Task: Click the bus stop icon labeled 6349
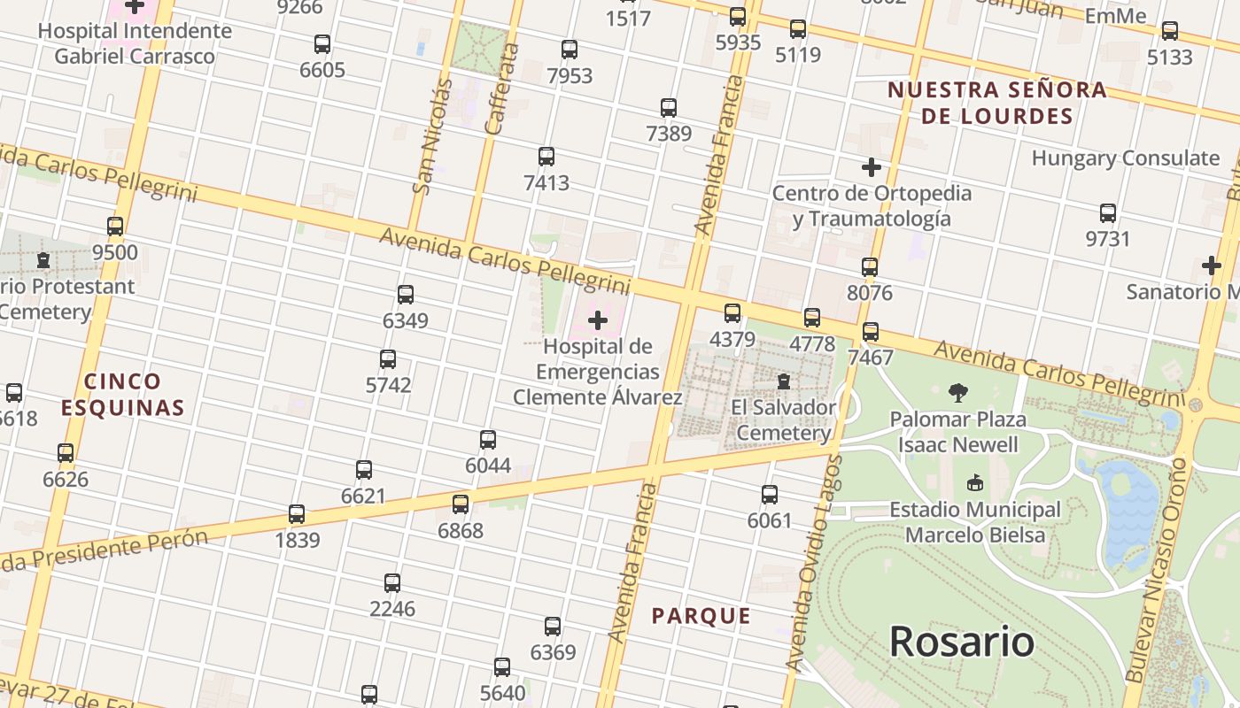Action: pyautogui.click(x=406, y=295)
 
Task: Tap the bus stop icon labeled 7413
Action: pyautogui.click(x=546, y=157)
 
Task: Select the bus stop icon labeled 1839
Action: pyautogui.click(x=297, y=514)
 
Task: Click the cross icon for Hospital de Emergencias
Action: pyautogui.click(x=598, y=319)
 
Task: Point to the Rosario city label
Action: pyautogui.click(x=961, y=641)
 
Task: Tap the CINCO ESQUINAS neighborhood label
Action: pyautogui.click(x=123, y=395)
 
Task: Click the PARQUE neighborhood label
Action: pyautogui.click(x=701, y=616)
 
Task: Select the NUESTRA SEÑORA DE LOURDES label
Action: pyautogui.click(x=997, y=103)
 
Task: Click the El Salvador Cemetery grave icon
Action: pyautogui.click(x=784, y=381)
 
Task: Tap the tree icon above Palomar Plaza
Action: pyautogui.click(x=957, y=392)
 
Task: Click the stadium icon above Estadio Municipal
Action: pyautogui.click(x=975, y=483)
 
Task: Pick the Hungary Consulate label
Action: pyautogui.click(x=1125, y=158)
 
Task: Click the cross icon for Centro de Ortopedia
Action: pyautogui.click(x=872, y=166)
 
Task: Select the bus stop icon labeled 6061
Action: pyautogui.click(x=770, y=495)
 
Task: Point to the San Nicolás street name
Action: pyautogui.click(x=432, y=137)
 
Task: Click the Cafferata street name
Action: pyautogui.click(x=500, y=88)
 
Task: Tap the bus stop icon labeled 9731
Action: pyautogui.click(x=1108, y=213)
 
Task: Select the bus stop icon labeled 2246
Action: pyautogui.click(x=392, y=583)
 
